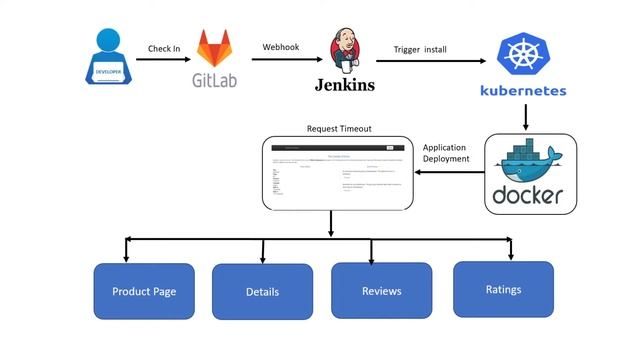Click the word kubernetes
pyautogui.click(x=523, y=91)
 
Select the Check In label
pyautogui.click(x=164, y=48)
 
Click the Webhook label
pyautogui.click(x=281, y=46)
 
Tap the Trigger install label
pyautogui.click(x=419, y=48)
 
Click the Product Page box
pyautogui.click(x=144, y=291)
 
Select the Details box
pyautogui.click(x=262, y=292)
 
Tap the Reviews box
pyautogui.click(x=381, y=291)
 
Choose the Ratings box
pyautogui.click(x=503, y=289)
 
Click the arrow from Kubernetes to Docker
pyautogui.click(x=524, y=118)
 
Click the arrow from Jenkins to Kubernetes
pyautogui.click(x=425, y=61)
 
